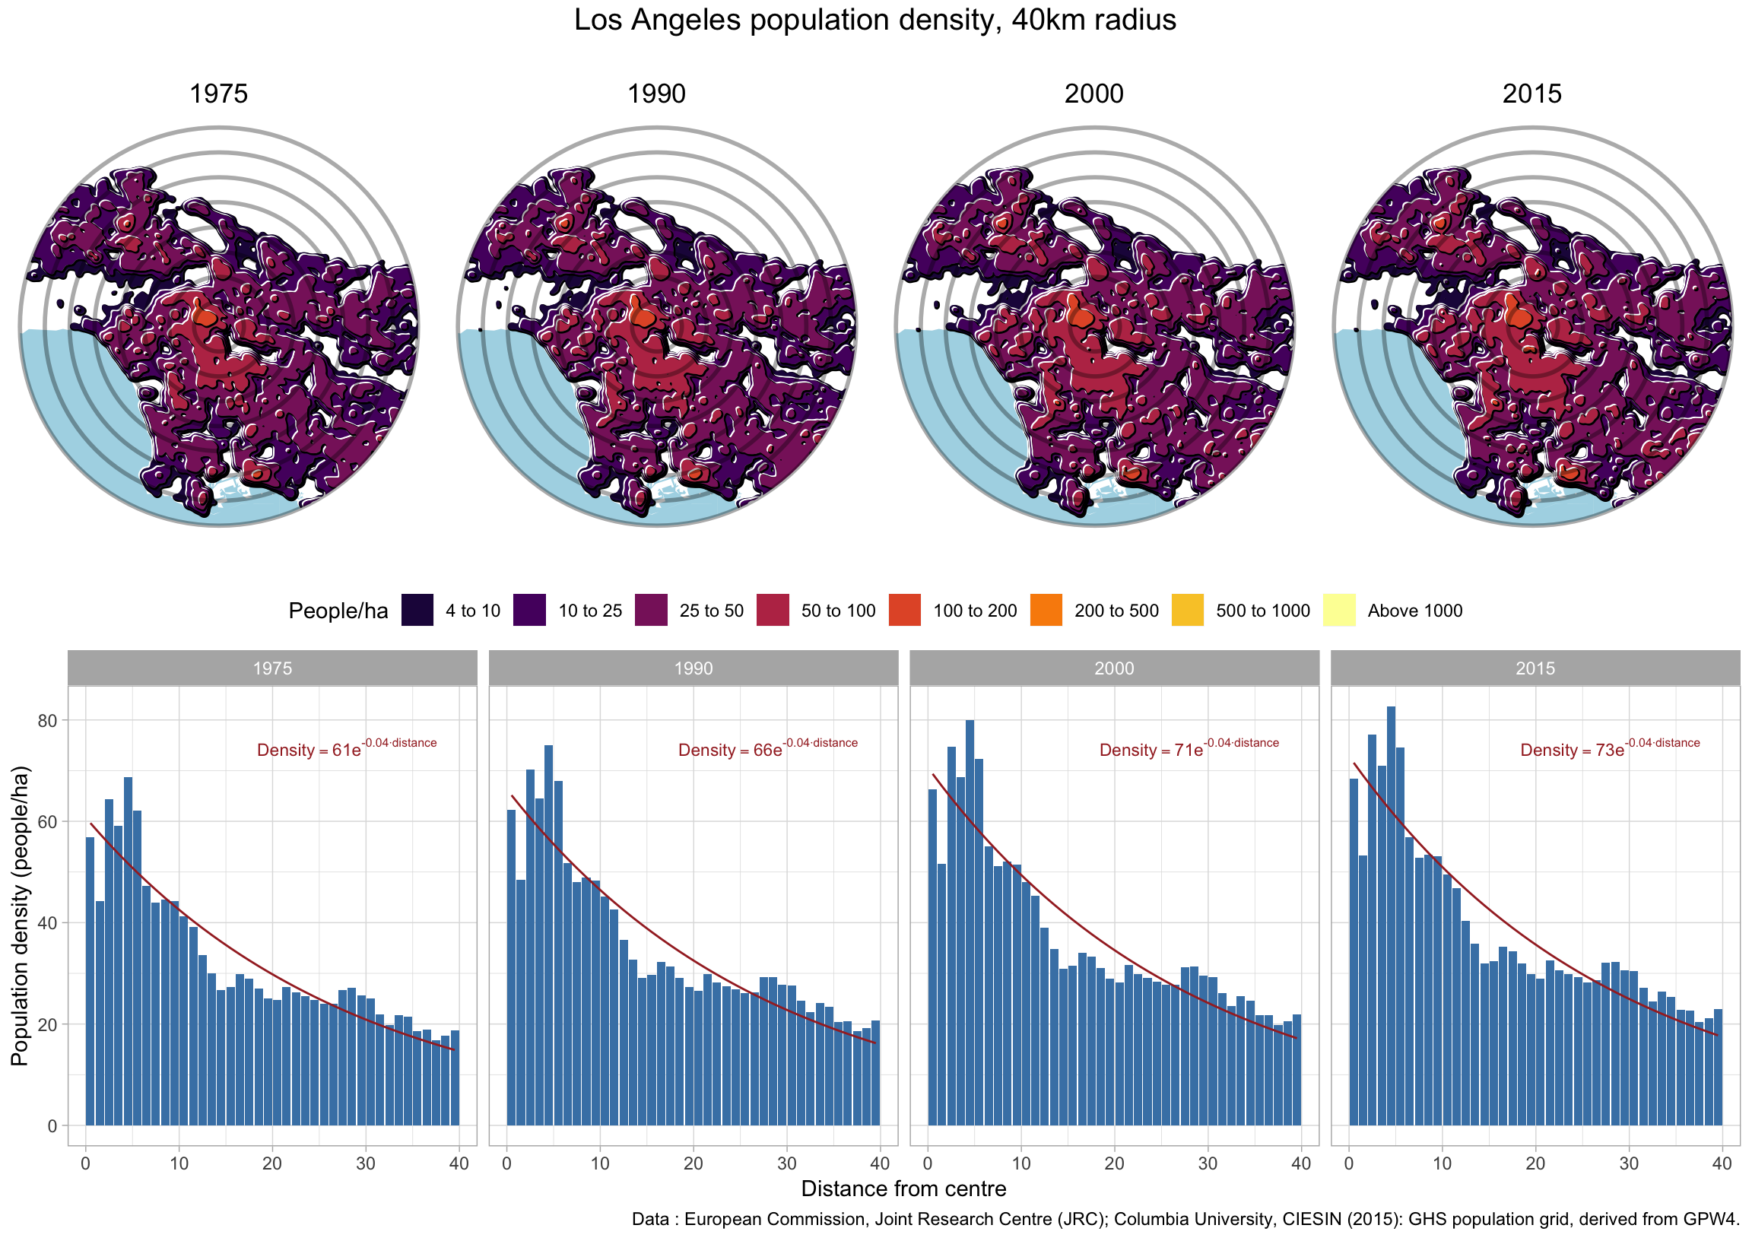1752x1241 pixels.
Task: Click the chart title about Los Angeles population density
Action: [x=874, y=21]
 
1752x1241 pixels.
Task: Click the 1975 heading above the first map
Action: [x=218, y=94]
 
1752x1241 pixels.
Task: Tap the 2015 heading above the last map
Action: [x=1531, y=94]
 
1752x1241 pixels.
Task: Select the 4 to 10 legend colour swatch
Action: [x=417, y=610]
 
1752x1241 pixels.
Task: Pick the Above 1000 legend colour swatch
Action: [x=1338, y=610]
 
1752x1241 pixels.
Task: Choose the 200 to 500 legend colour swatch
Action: [x=1046, y=610]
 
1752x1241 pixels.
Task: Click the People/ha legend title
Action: [x=338, y=611]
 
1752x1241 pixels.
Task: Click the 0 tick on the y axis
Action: [x=52, y=1125]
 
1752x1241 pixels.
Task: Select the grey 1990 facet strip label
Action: [x=693, y=668]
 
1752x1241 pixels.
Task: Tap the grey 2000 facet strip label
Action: [x=1114, y=668]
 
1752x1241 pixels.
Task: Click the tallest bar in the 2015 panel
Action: [x=1391, y=917]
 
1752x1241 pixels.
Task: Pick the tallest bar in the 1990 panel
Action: [x=548, y=936]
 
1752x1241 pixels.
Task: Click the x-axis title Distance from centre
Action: [x=903, y=1189]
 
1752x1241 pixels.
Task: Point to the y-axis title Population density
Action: [x=20, y=916]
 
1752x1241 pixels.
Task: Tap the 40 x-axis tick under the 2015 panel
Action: [x=1722, y=1164]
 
